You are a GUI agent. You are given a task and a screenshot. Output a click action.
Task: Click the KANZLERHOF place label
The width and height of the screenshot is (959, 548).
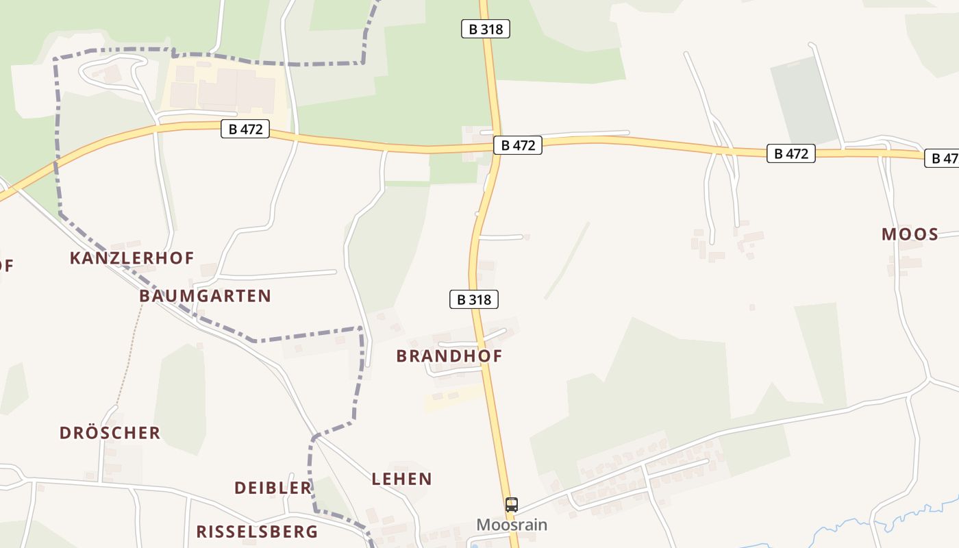click(132, 258)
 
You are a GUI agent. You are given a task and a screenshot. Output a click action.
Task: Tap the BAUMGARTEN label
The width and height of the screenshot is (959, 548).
click(205, 296)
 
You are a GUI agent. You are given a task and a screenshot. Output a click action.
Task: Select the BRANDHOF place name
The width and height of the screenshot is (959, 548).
click(449, 356)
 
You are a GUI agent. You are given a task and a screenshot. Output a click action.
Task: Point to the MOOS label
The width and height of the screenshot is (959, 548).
click(910, 234)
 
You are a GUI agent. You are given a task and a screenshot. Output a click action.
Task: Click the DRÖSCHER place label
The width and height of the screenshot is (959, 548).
click(110, 433)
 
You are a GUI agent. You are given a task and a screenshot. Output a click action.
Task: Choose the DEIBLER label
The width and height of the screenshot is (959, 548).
click(273, 488)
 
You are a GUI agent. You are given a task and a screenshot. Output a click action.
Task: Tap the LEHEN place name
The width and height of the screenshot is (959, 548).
click(401, 479)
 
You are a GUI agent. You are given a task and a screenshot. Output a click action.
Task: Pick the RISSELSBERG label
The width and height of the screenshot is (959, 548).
click(257, 532)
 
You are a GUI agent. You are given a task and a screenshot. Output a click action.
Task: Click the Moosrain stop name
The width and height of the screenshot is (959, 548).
click(512, 525)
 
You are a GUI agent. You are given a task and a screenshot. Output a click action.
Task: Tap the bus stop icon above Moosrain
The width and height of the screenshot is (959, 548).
click(512, 505)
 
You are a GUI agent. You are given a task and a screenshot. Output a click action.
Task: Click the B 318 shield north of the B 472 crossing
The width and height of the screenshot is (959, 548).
click(485, 29)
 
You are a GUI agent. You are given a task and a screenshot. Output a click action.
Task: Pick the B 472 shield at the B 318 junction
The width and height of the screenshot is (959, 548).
click(517, 145)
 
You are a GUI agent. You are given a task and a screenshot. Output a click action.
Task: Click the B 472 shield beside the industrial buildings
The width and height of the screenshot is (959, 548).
click(245, 129)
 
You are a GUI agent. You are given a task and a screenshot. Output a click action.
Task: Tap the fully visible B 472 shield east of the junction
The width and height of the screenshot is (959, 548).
click(790, 153)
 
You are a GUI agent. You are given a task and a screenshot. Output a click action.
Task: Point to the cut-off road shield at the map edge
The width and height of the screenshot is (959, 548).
click(943, 158)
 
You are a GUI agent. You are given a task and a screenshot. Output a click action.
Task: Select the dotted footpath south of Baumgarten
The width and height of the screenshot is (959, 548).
click(130, 356)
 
